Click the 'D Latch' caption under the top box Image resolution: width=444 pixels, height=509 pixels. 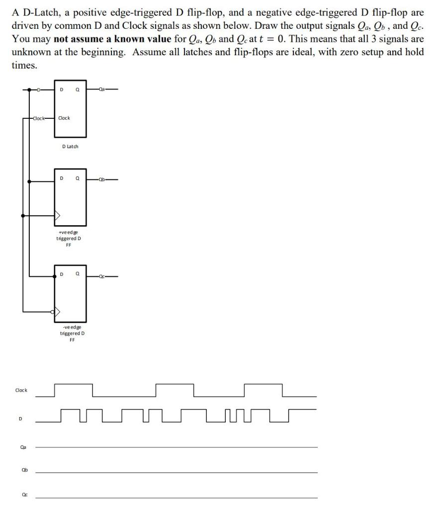(x=70, y=146)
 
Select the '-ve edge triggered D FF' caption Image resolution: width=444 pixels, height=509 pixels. (x=72, y=333)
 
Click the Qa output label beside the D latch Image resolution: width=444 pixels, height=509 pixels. (x=102, y=89)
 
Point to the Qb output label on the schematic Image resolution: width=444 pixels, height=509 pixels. (x=102, y=180)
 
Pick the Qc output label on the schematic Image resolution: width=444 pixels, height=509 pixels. (x=102, y=276)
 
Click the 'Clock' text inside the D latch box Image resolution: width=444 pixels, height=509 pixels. (x=64, y=118)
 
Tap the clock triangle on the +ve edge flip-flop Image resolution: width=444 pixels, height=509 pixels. (x=58, y=216)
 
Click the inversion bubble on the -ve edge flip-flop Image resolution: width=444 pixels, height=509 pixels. (x=53, y=312)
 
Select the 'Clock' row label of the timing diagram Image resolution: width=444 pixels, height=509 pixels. (x=21, y=390)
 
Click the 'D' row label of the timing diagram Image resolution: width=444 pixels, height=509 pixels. (x=20, y=419)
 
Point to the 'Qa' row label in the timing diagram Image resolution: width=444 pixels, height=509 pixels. (x=23, y=447)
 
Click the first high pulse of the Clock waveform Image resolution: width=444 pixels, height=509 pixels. (x=74, y=385)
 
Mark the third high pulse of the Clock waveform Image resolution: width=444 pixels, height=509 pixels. (x=263, y=385)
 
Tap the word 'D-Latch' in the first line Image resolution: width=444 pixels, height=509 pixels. (x=37, y=12)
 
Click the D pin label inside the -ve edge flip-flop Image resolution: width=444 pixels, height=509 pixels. (x=62, y=274)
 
